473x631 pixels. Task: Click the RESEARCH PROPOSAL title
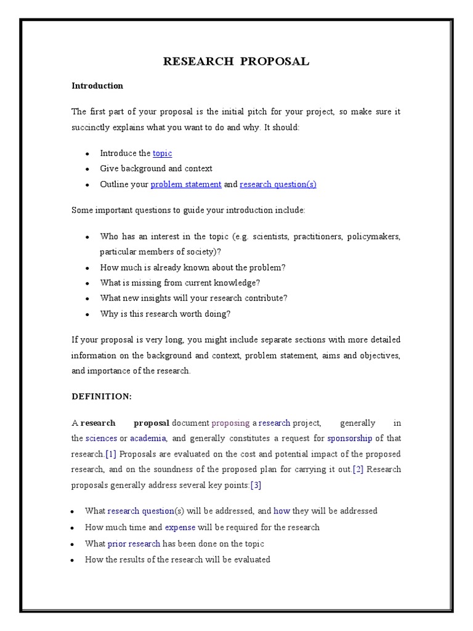tap(236, 61)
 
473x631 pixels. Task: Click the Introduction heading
tap(97, 86)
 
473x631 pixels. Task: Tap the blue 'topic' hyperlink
tap(163, 153)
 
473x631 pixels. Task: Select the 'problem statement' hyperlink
tap(186, 184)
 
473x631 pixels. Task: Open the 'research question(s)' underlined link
tap(278, 184)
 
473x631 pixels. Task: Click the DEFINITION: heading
tap(102, 397)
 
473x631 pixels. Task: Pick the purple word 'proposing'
tap(230, 423)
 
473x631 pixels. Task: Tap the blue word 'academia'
tap(148, 438)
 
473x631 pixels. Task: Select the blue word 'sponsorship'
tap(349, 438)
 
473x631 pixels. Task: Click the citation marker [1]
tap(111, 454)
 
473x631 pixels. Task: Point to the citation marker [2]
tap(358, 470)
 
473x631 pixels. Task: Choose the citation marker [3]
tap(256, 485)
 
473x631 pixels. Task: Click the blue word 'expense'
tap(180, 527)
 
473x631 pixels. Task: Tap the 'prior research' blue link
tap(134, 543)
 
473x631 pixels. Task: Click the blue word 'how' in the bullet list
tap(281, 511)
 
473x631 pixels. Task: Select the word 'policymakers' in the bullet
tap(373, 237)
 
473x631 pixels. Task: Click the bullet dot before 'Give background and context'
tap(87, 169)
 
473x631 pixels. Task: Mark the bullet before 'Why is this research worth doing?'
tap(87, 314)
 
